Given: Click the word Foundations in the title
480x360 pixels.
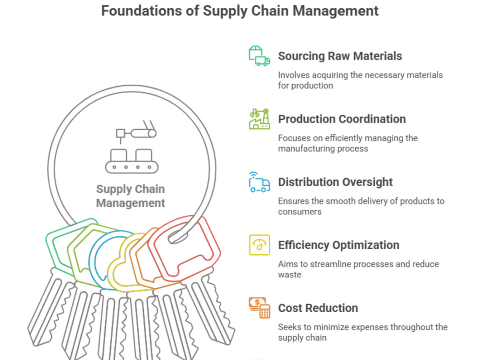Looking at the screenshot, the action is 142,11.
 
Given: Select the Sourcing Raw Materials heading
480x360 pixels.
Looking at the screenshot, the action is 340,56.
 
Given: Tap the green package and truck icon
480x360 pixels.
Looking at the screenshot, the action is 259,56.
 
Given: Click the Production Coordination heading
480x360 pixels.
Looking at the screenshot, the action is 342,119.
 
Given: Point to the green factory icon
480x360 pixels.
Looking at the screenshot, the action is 259,119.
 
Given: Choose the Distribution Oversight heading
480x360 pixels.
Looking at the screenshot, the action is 335,182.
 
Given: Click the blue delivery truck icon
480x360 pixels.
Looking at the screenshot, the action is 259,182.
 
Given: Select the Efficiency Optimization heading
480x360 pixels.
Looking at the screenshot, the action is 338,245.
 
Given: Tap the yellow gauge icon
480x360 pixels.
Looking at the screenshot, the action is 259,245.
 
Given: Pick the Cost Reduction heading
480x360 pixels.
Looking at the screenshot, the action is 318,308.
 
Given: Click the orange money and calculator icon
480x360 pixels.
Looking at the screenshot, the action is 259,308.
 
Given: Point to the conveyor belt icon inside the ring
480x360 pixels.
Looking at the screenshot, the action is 132,147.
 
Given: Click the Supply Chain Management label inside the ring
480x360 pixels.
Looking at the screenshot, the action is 131,196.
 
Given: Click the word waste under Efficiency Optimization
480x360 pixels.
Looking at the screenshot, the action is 289,275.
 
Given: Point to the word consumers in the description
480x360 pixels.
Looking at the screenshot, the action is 300,212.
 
